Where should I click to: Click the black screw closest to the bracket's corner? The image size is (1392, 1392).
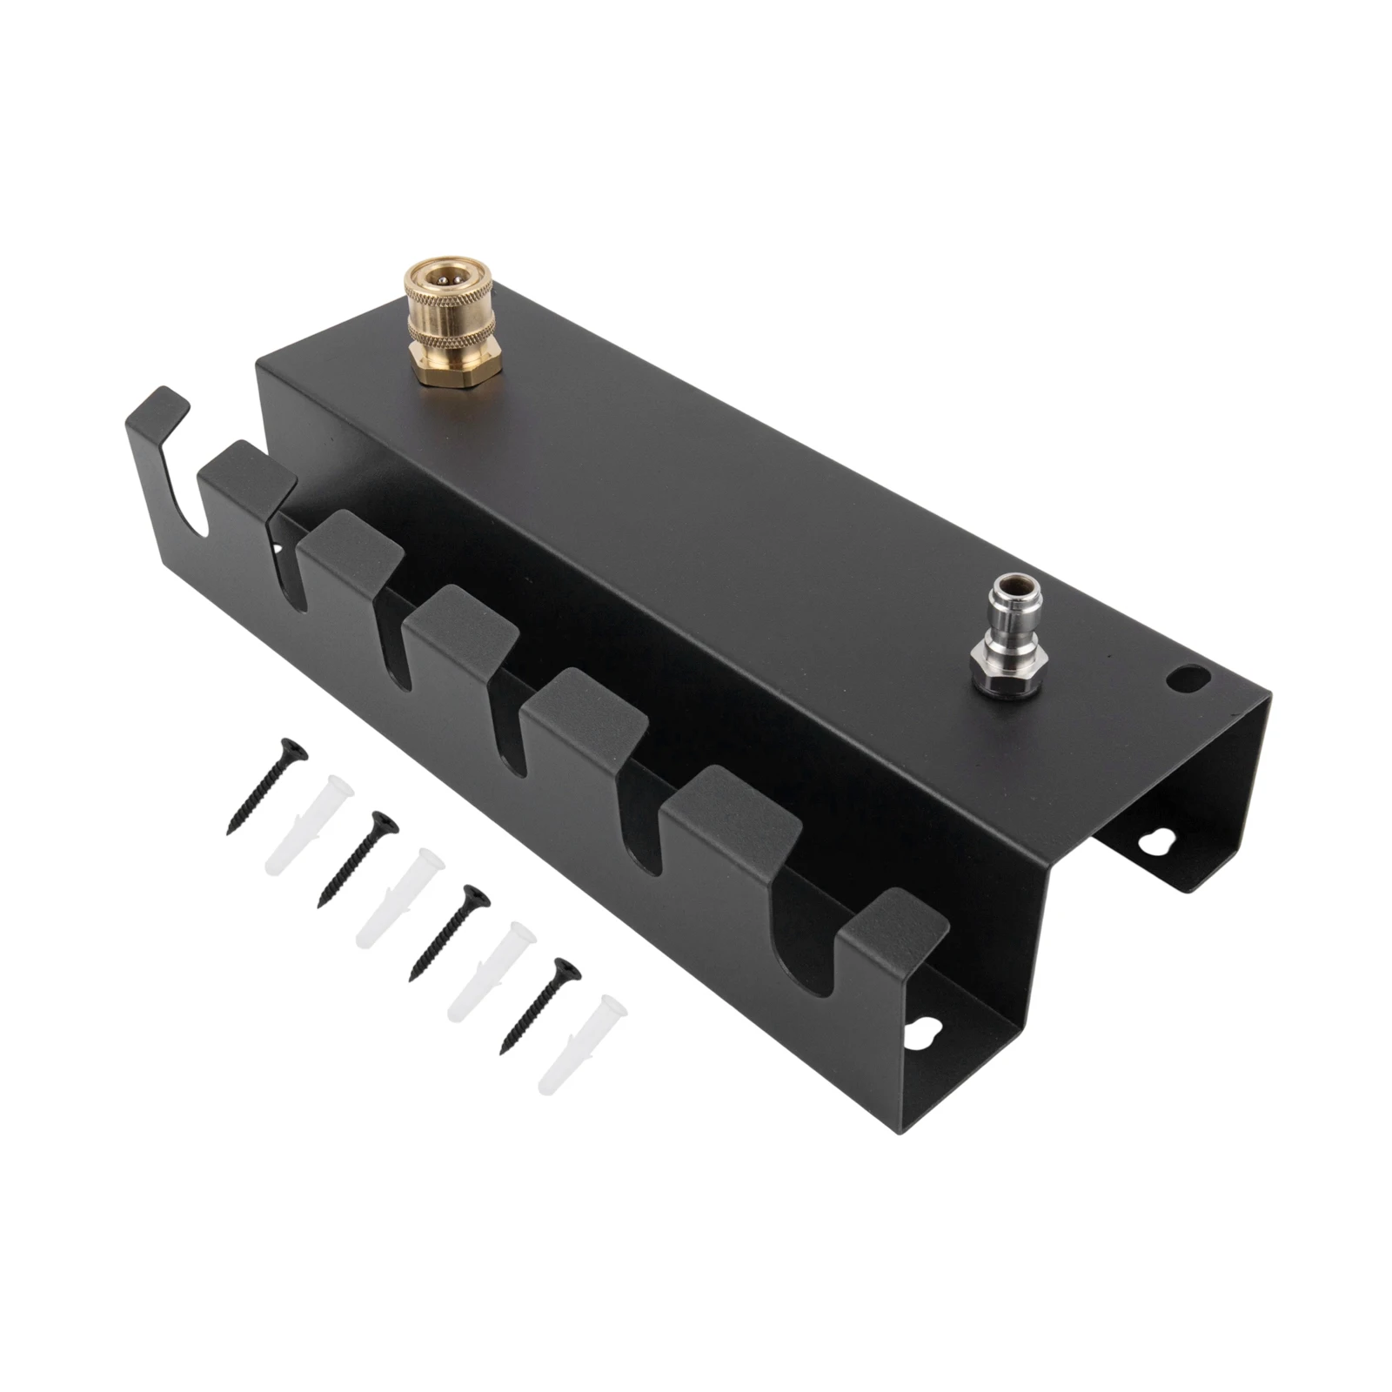540,1005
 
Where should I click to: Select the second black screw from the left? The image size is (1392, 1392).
358,858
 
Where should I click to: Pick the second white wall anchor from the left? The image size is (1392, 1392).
401,897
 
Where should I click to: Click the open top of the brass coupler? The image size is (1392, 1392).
449,278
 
